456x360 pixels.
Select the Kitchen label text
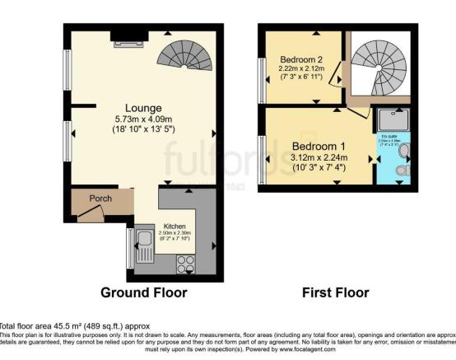point(175,226)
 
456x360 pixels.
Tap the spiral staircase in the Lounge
point(195,54)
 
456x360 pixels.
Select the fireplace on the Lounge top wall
point(128,34)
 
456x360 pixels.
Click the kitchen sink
point(142,245)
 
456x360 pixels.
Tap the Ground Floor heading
point(143,292)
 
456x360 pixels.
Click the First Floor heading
point(337,292)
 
